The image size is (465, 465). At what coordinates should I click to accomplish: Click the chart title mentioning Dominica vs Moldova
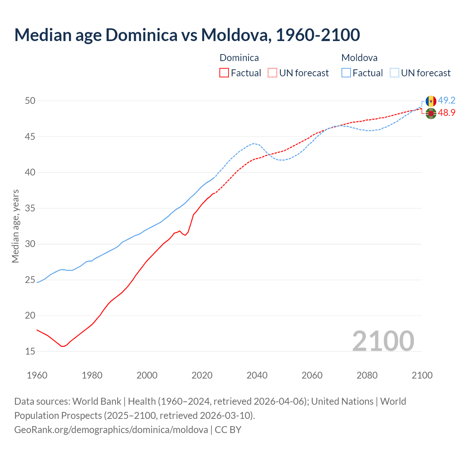[x=187, y=35]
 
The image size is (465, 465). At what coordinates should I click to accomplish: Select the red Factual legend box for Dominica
[x=224, y=73]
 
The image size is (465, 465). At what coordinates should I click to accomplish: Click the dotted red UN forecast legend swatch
[x=272, y=73]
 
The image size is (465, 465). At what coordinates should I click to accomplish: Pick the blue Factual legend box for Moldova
[x=346, y=73]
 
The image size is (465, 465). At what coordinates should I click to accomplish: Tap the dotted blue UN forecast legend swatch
[x=395, y=73]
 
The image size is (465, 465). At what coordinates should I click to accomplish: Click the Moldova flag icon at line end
[x=431, y=101]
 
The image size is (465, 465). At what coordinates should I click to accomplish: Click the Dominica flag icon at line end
[x=431, y=113]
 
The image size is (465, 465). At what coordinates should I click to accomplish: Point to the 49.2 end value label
[x=446, y=101]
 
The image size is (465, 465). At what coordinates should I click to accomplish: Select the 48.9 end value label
[x=446, y=113]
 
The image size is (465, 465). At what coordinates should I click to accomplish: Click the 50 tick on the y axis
[x=30, y=101]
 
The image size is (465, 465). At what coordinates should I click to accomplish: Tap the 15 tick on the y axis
[x=30, y=351]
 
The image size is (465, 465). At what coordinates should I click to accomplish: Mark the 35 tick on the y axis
[x=30, y=208]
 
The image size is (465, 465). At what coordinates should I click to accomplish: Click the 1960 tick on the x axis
[x=37, y=375]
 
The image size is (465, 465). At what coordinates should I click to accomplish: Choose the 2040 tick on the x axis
[x=257, y=375]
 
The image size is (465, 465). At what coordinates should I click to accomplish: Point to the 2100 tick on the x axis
[x=422, y=375]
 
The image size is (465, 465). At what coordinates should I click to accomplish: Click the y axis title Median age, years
[x=15, y=226]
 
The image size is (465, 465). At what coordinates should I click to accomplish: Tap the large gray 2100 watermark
[x=383, y=341]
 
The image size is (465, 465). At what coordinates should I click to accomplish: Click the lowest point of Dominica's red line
[x=62, y=346]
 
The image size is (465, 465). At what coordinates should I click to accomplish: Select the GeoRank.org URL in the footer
[x=111, y=430]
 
